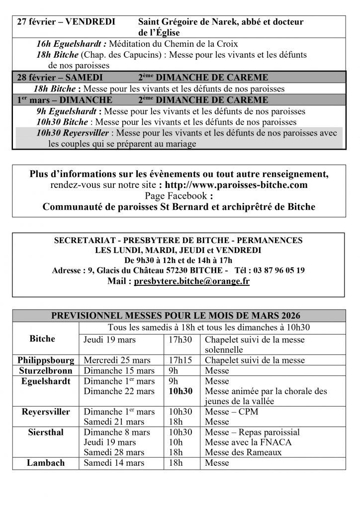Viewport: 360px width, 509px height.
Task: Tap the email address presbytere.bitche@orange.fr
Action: (191, 281)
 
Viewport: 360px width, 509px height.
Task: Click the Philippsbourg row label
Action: (46, 360)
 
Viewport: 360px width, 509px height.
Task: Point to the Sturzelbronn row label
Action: (46, 371)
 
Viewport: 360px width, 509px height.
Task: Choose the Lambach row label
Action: (46, 463)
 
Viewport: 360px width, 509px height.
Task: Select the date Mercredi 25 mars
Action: (116, 360)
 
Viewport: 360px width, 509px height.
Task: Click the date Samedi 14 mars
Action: (114, 463)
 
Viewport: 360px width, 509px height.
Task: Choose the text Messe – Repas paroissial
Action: (252, 432)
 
